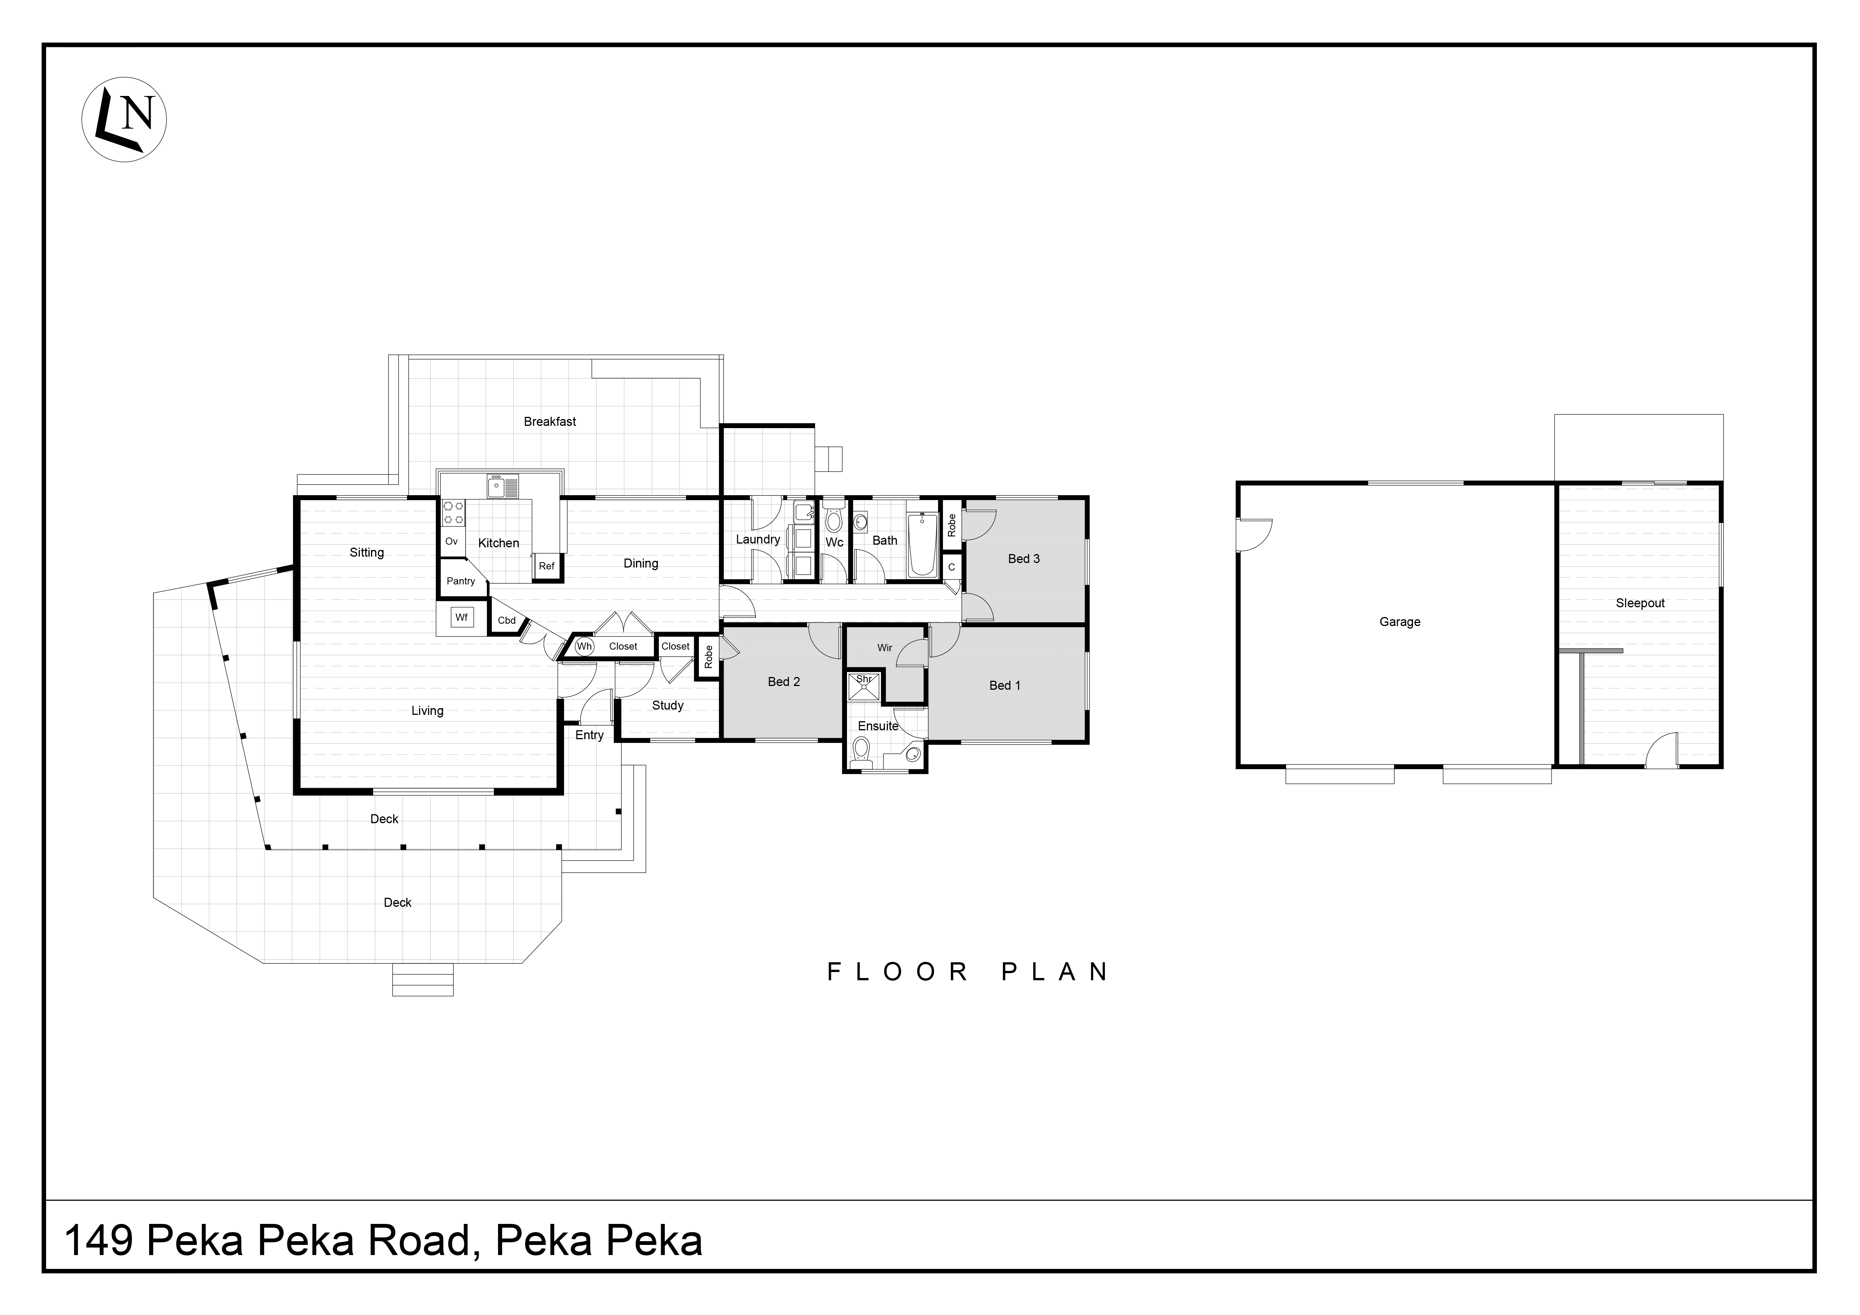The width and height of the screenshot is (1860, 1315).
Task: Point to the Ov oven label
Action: click(x=451, y=541)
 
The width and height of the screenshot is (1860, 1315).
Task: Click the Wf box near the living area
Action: click(x=462, y=617)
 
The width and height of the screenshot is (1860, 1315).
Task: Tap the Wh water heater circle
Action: click(x=584, y=647)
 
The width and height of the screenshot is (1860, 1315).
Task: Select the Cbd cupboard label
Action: click(x=506, y=621)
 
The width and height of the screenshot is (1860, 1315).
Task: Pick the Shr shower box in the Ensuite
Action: click(x=863, y=686)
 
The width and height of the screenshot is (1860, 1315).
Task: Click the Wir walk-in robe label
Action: click(x=884, y=647)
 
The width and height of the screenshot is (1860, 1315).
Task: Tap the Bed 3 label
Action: click(x=1023, y=558)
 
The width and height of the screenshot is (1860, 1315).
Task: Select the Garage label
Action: click(x=1399, y=622)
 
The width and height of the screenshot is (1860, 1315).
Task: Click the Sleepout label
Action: click(x=1640, y=603)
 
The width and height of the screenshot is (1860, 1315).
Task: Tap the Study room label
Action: click(x=667, y=705)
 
